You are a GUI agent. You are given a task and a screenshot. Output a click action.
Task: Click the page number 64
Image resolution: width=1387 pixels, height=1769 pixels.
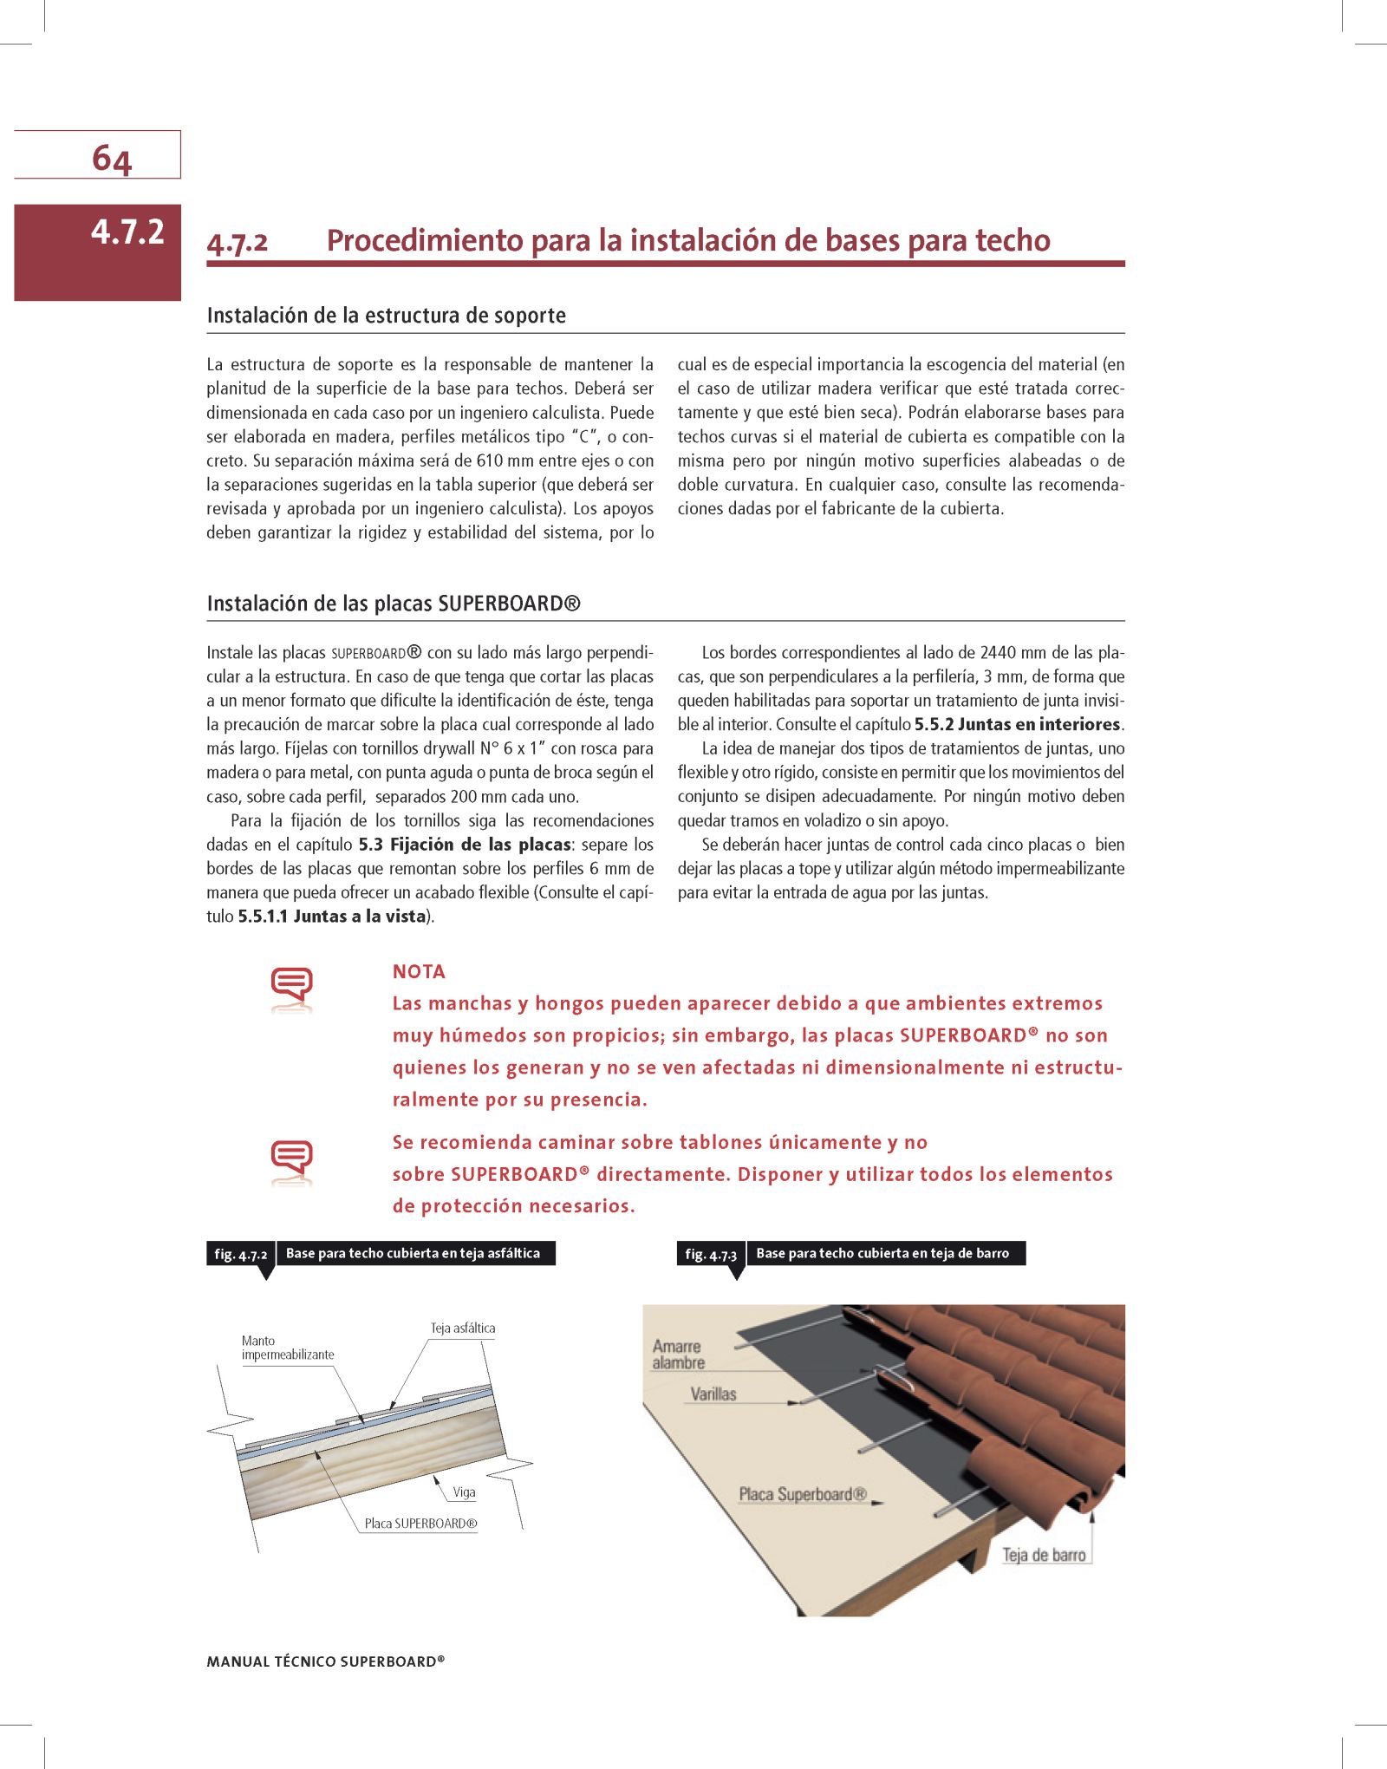click(x=112, y=159)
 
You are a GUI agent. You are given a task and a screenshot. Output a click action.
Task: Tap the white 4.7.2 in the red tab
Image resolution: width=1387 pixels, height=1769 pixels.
click(x=127, y=232)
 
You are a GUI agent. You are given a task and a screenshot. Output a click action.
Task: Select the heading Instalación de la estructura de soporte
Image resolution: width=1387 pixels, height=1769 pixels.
click(x=386, y=316)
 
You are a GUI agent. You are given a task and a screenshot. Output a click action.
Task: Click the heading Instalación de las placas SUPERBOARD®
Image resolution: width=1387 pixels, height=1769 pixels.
click(x=394, y=604)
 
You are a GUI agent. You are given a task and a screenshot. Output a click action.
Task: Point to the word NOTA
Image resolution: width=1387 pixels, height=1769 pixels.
click(x=419, y=972)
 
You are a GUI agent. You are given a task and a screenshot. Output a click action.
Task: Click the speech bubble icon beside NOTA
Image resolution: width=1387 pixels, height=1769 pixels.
click(x=291, y=987)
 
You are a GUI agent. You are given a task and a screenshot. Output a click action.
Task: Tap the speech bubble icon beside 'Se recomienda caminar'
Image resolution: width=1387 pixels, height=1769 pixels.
click(x=291, y=1159)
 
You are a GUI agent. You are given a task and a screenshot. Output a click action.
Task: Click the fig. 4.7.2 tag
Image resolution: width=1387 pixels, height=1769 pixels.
click(x=240, y=1254)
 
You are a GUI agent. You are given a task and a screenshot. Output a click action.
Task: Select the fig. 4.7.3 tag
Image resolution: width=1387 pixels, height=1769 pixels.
click(x=711, y=1254)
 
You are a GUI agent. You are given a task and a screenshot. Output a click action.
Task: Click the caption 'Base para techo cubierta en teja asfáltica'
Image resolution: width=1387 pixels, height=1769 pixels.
click(x=413, y=1253)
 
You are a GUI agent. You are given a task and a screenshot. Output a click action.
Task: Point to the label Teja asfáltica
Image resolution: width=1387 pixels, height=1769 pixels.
click(x=463, y=1328)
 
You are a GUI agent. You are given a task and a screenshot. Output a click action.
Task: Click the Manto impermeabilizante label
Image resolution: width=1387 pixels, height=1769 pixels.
click(x=287, y=1348)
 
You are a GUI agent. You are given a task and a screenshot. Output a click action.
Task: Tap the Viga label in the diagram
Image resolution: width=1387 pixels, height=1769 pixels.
click(x=464, y=1492)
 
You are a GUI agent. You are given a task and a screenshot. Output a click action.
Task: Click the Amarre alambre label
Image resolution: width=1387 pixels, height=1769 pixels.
click(x=678, y=1354)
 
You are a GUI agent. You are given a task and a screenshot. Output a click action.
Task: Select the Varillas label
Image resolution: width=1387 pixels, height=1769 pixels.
click(x=713, y=1394)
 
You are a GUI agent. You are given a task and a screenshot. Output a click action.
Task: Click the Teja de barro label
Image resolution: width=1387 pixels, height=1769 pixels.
click(x=1044, y=1555)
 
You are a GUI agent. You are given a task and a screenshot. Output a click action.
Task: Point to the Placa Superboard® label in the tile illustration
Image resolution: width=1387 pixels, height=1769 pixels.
click(x=802, y=1494)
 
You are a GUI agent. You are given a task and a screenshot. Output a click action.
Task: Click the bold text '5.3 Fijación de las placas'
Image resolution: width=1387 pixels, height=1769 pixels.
click(x=464, y=845)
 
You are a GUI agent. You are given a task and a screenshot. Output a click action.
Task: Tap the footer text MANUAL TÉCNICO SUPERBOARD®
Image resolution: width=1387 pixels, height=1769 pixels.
click(x=325, y=1661)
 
